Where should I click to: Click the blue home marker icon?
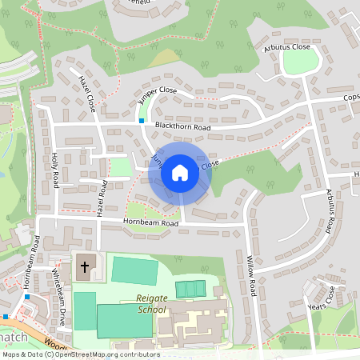(x=180, y=172)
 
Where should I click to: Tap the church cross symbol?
(x=84, y=268)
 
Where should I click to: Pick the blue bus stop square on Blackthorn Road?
(x=142, y=121)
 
